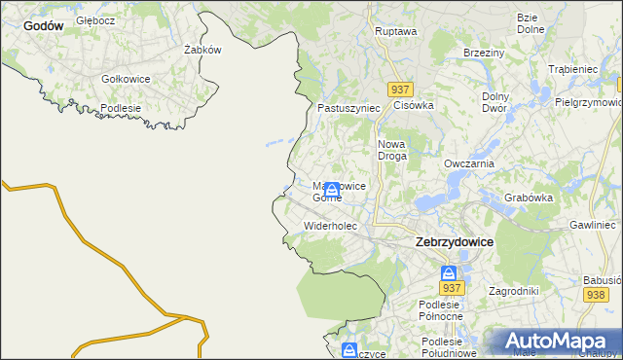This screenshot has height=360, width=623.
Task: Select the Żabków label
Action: [203, 50]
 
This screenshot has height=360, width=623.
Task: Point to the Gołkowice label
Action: [126, 79]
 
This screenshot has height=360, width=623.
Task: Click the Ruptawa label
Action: [395, 31]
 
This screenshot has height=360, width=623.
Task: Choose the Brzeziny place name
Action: [483, 53]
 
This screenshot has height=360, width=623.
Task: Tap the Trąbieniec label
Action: [572, 69]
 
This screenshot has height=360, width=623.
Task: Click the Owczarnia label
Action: [469, 163]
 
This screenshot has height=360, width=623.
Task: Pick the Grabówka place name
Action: [529, 198]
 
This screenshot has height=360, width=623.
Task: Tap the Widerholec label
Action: [331, 226]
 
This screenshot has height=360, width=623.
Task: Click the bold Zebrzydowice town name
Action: [454, 241]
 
